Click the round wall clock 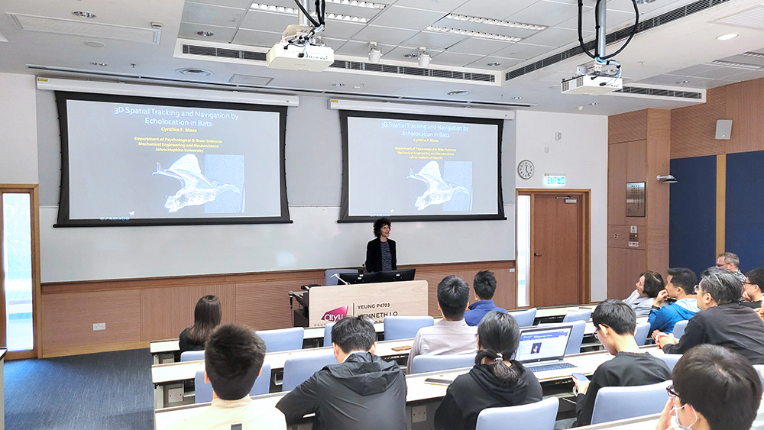(526, 170)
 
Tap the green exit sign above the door (554, 180)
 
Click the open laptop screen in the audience (544, 344)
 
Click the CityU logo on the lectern (335, 314)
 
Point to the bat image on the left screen (196, 182)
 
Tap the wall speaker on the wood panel (723, 129)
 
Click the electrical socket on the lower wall (99, 326)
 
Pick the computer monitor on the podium (377, 276)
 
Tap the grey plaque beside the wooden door (635, 199)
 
